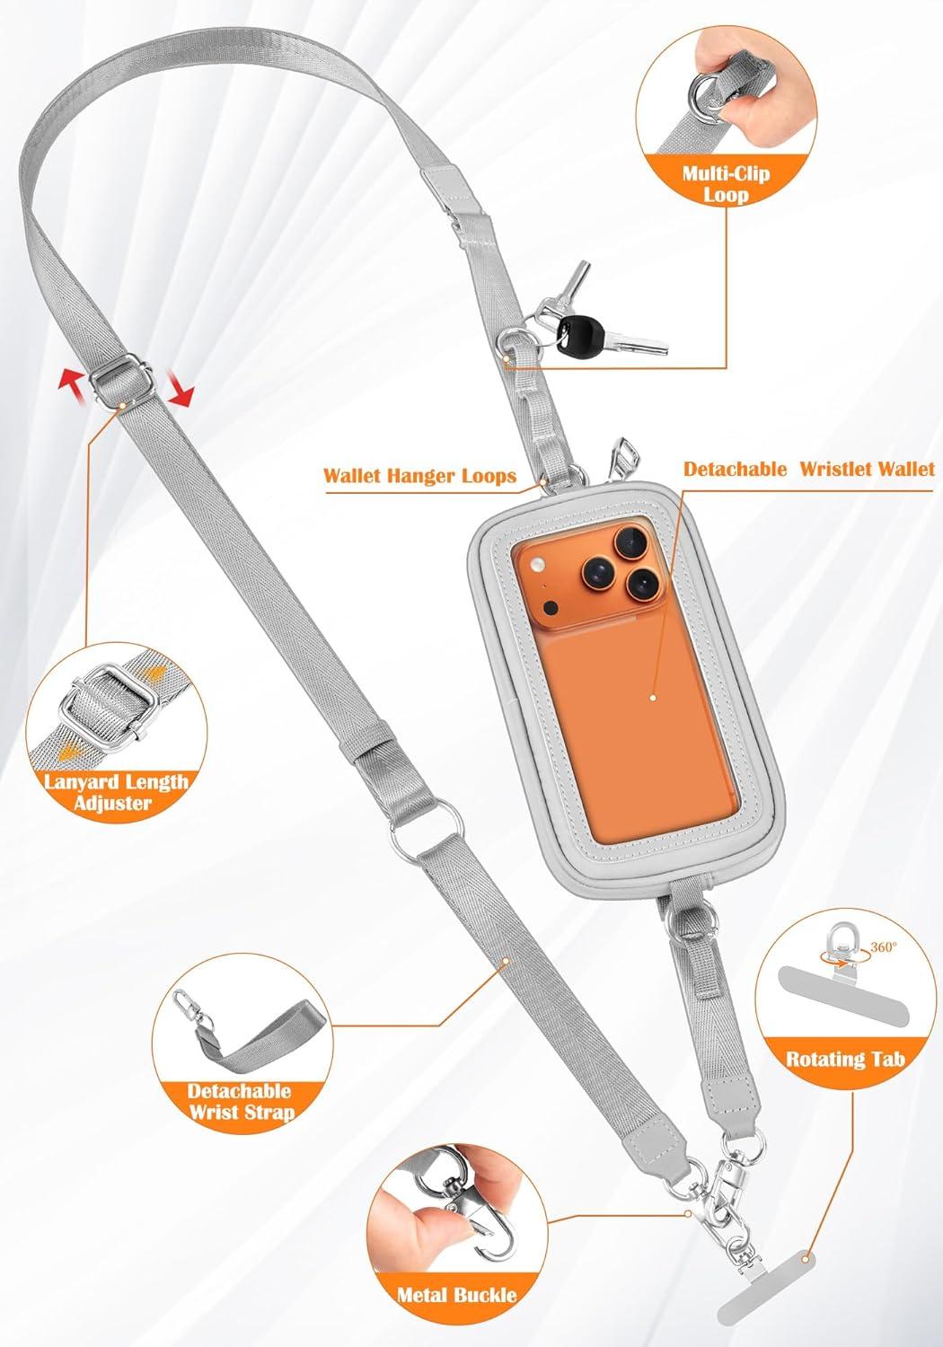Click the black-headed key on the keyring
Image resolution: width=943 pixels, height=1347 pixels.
coord(607,333)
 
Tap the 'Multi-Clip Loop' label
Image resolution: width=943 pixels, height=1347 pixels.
coord(726,184)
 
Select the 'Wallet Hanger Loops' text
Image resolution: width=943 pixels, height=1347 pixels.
coord(419,476)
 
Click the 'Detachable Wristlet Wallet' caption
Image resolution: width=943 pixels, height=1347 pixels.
coord(809,469)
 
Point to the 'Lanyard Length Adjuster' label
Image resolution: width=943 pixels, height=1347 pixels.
coord(116,792)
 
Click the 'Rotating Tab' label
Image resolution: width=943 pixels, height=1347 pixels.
coord(845,1059)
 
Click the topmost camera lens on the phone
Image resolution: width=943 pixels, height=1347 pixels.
coord(630,542)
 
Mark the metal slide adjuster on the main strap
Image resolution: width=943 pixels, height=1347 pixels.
coord(122,380)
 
